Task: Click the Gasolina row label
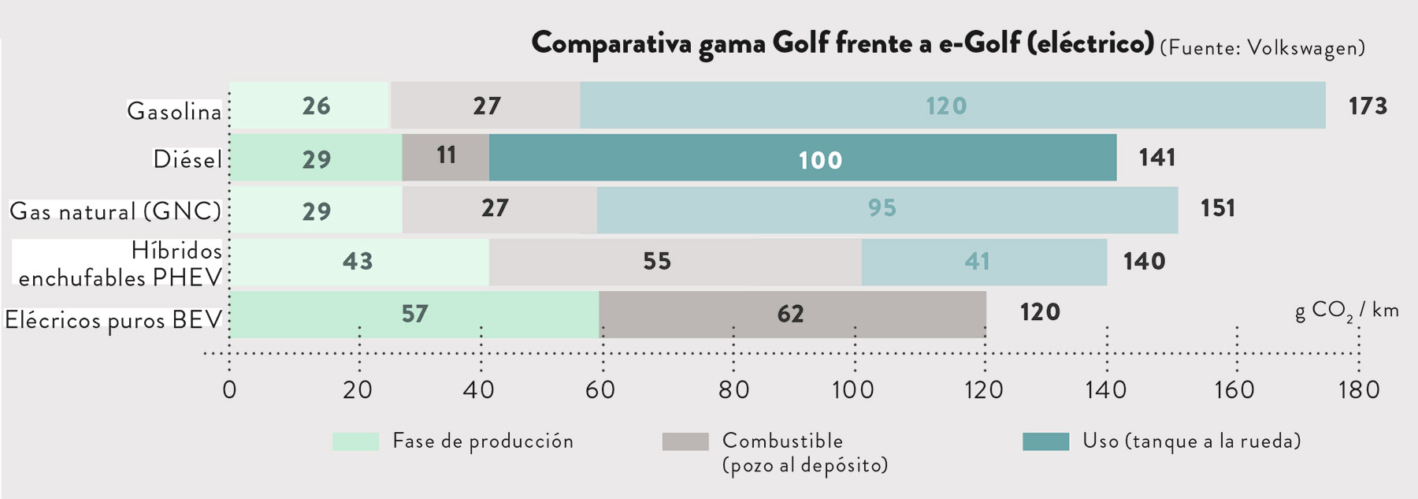point(175,111)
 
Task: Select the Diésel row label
point(187,159)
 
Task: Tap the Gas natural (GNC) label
point(115,211)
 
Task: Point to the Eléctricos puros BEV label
point(113,320)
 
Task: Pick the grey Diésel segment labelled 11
point(445,158)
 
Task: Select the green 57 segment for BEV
point(414,314)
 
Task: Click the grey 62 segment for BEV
point(792,314)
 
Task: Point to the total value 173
point(1368,106)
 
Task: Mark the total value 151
point(1218,208)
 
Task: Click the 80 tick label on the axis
point(733,389)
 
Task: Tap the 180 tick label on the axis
point(1359,389)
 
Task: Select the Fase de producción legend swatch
point(355,441)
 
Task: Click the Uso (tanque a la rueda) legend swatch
point(1045,441)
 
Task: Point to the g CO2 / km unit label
point(1346,311)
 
